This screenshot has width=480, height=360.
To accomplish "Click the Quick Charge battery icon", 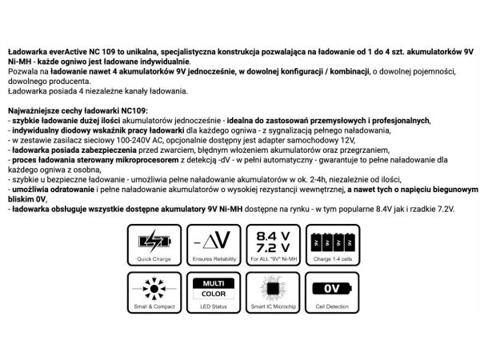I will click(x=154, y=239).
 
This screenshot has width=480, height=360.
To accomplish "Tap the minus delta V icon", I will click(x=214, y=239).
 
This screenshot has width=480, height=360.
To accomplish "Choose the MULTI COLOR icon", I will click(x=214, y=288).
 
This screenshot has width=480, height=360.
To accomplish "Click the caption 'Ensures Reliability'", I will click(x=214, y=258).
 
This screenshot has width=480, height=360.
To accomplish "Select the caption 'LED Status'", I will click(x=214, y=307).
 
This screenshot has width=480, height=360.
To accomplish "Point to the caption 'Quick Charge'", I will click(x=154, y=258).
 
